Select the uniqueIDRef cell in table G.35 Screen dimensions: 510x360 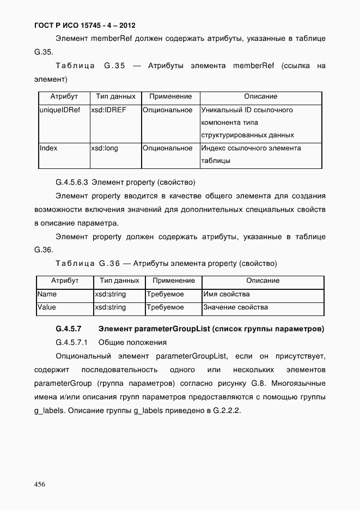(60, 110)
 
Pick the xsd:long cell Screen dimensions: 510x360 (105, 148)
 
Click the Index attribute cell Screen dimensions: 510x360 (48, 148)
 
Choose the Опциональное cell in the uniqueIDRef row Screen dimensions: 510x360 (168, 110)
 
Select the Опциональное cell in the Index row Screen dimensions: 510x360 (168, 148)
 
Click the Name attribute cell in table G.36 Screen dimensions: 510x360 (47, 294)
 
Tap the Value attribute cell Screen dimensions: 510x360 (47, 307)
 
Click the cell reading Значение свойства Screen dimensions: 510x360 (235, 307)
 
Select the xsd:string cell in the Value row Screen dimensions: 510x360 (111, 307)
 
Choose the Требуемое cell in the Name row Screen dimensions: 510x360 (166, 294)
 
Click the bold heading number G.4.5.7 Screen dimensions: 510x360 (69, 329)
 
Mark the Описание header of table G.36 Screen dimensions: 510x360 (263, 281)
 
